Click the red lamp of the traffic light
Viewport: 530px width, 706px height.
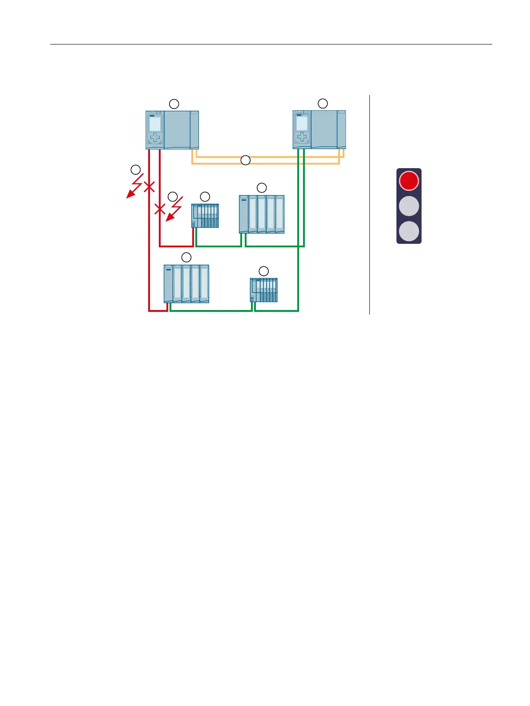409,181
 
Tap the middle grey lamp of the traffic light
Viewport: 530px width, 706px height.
409,206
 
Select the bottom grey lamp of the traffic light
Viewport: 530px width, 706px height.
409,232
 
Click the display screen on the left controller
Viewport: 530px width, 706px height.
155,124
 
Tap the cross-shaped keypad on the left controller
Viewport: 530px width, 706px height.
155,138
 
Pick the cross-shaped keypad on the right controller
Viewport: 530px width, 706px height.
302,137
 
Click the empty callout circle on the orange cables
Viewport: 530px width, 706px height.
246,160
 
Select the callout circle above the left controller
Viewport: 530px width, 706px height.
174,104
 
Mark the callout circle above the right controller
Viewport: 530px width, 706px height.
323,104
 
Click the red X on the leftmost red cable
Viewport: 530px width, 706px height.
149,186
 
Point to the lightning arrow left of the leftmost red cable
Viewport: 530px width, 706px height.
134,187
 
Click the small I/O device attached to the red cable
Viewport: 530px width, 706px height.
205,216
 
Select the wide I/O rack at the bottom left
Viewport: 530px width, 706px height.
186,284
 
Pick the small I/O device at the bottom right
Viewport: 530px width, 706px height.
264,290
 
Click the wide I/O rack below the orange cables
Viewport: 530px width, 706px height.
262,214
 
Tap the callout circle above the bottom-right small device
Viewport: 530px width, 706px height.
264,271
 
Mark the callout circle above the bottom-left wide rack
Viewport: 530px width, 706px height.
186,257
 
